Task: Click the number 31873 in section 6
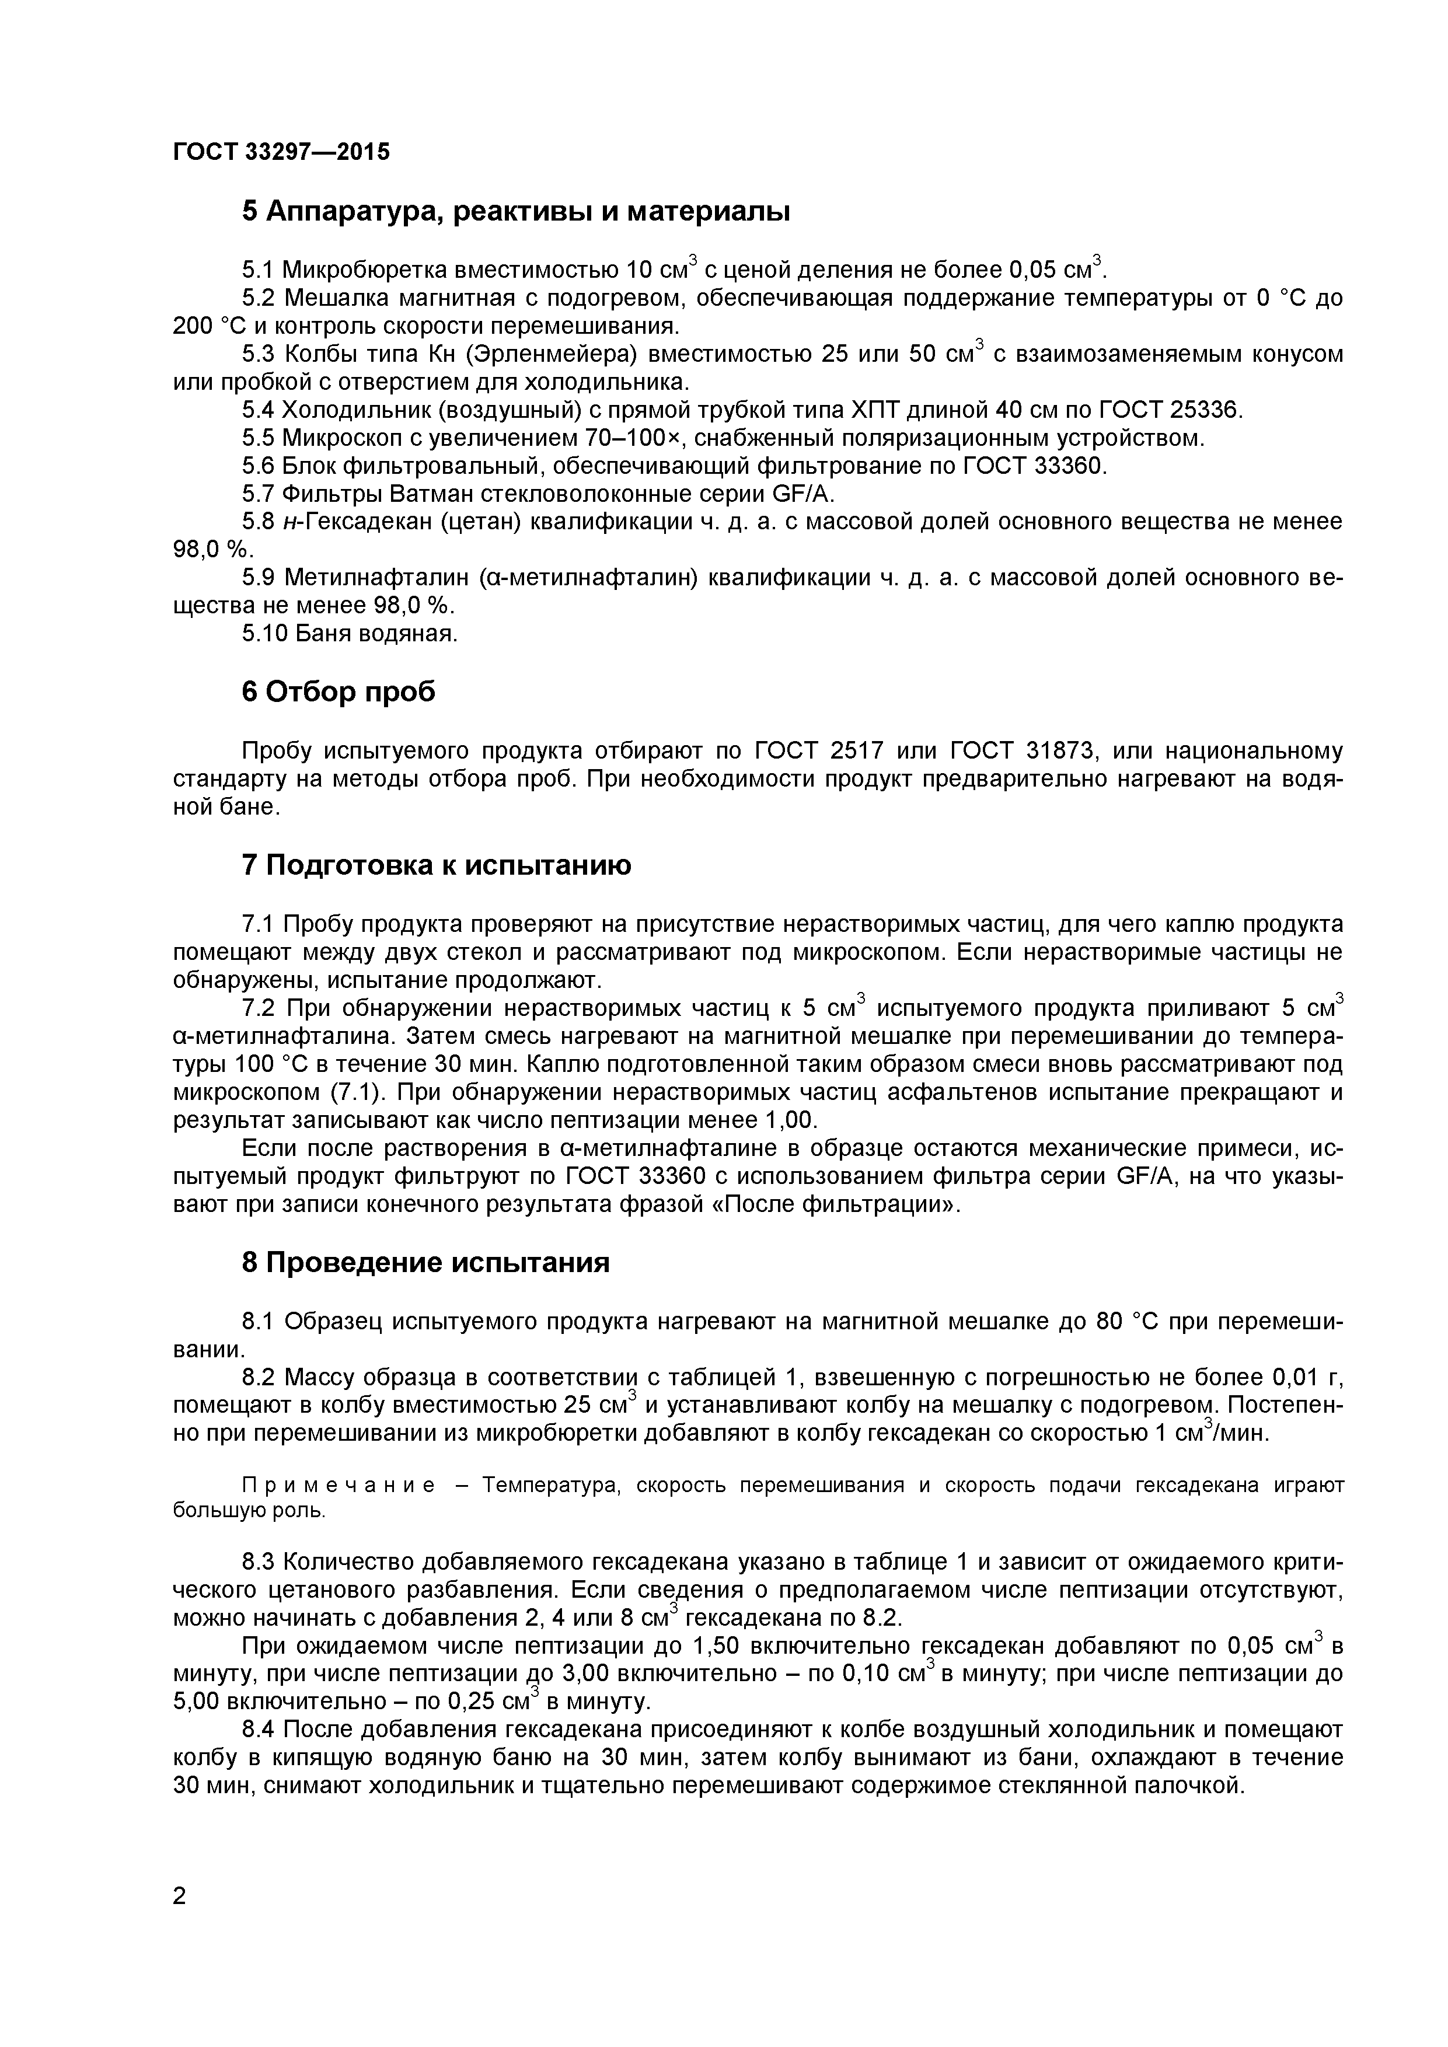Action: tap(1052, 752)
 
